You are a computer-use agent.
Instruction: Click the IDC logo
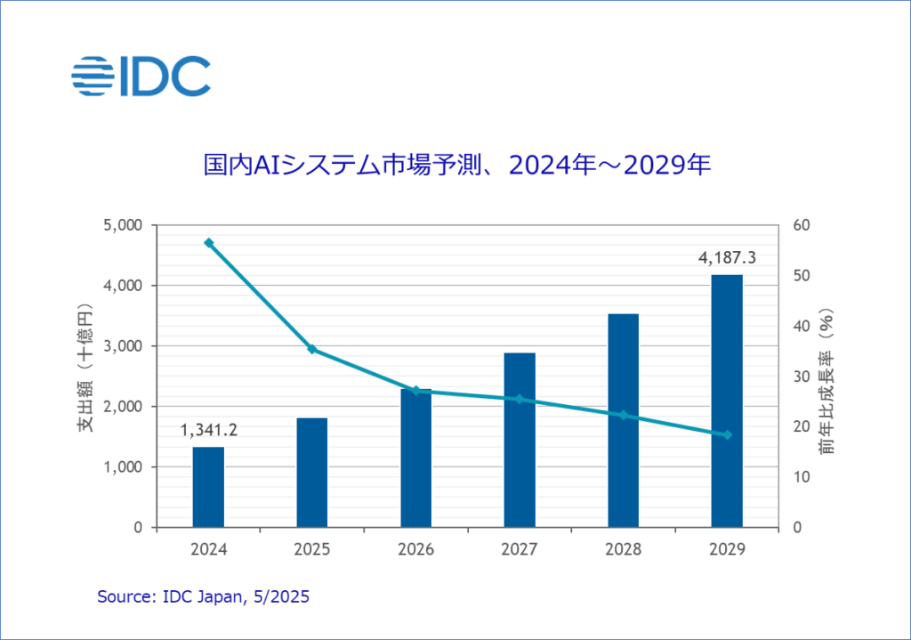click(x=141, y=76)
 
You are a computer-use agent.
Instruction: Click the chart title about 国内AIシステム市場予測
click(x=456, y=166)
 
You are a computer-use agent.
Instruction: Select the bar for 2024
click(x=208, y=487)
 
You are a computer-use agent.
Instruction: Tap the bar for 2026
click(x=415, y=458)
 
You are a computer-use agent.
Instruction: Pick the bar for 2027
click(x=520, y=440)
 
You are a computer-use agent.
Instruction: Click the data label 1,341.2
click(x=208, y=432)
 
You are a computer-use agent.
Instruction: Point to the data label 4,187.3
click(x=727, y=259)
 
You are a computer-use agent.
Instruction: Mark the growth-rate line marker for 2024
click(x=209, y=243)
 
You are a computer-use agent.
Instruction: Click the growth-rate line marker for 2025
click(x=312, y=349)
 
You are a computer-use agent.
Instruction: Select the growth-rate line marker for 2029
click(x=727, y=434)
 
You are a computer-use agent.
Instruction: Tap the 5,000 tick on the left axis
click(x=124, y=225)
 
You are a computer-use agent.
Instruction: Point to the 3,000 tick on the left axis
click(x=124, y=346)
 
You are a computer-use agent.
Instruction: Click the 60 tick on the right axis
click(x=800, y=225)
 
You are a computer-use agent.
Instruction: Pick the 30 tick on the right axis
click(x=800, y=377)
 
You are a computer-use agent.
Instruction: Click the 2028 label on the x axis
click(x=623, y=549)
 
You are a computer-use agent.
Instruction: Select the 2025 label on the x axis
click(x=312, y=549)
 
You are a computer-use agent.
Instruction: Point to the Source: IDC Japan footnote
click(x=203, y=596)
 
